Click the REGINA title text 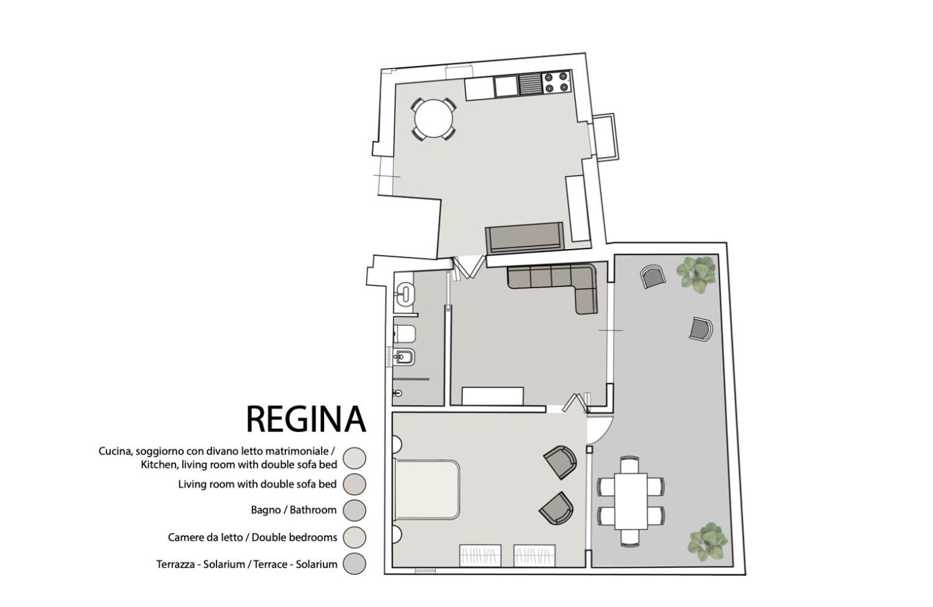306,419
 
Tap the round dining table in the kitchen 433,119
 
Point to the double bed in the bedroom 426,490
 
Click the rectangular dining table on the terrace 631,501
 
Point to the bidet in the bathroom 404,357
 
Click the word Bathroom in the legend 313,510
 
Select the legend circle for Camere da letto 354,537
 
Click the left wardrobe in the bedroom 480,556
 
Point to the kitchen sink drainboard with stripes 530,84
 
